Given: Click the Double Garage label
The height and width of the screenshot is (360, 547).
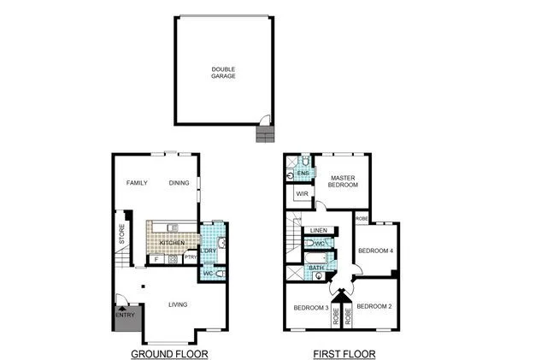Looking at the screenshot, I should [224, 73].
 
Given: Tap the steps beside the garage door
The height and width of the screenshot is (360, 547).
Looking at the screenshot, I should [264, 135].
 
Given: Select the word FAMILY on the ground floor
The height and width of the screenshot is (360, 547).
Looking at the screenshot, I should [138, 183].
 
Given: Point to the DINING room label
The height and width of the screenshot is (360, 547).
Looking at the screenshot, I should [179, 183].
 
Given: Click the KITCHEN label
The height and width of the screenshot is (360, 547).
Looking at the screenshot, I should [172, 244].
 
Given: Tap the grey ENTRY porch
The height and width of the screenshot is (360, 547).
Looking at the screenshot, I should [126, 316].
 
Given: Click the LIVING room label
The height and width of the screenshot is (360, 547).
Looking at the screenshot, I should [179, 304].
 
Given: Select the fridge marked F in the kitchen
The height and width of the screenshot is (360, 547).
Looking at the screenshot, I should [156, 258].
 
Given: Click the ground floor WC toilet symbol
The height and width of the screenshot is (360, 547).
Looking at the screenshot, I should [219, 274].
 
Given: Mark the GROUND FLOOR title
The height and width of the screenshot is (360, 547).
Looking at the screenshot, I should [169, 353].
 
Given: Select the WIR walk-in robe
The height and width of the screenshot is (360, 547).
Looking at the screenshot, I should [302, 195].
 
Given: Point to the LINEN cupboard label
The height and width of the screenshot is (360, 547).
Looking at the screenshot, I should [319, 231].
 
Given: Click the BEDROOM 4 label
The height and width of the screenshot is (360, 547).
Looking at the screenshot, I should [374, 251].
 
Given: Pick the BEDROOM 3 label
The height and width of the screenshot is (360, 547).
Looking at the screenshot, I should [311, 308].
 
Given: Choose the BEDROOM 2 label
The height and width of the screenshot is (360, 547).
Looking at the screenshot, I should [373, 306].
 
